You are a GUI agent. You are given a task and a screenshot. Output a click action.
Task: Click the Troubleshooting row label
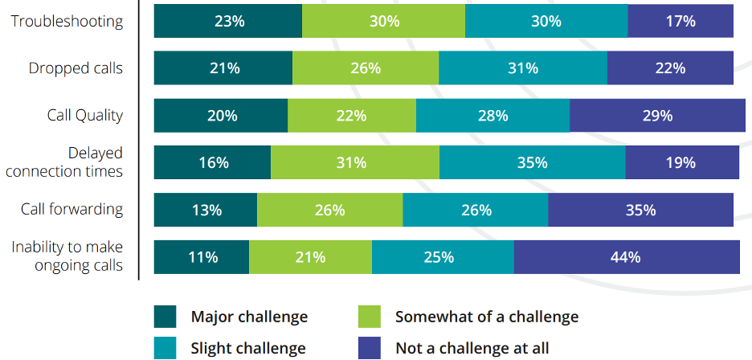coord(67,21)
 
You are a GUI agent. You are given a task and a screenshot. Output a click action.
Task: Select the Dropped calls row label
coord(76,68)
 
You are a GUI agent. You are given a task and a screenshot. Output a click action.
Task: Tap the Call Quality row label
coord(84,115)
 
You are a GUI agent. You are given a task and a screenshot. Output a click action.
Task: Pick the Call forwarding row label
coord(72,209)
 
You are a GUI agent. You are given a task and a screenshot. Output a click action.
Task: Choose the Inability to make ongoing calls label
coord(67,256)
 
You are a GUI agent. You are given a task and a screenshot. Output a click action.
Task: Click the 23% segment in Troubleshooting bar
coord(228,21)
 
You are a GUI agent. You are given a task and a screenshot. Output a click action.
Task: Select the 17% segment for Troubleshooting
coord(680,21)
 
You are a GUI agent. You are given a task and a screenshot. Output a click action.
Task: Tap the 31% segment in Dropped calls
coord(522,68)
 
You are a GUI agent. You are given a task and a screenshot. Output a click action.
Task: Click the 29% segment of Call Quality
coord(656,115)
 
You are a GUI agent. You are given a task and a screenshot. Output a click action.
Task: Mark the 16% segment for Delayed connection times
coord(213,162)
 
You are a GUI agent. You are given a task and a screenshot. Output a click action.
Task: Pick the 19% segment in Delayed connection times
coord(681,162)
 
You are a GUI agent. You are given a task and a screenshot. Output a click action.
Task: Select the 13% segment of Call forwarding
coord(206,210)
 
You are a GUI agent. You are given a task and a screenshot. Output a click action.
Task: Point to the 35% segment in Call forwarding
coord(640,210)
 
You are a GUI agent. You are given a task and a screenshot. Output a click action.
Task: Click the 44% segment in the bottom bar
coord(626,257)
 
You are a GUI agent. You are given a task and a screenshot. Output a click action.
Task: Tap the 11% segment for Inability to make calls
coord(202,257)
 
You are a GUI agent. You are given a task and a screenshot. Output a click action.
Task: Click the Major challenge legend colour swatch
coord(165,317)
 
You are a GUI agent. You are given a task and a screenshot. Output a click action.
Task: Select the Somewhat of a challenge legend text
coord(486,317)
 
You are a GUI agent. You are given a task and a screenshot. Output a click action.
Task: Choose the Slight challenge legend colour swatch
coord(165,348)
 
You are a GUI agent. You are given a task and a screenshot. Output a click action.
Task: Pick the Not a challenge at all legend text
coord(472,348)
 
